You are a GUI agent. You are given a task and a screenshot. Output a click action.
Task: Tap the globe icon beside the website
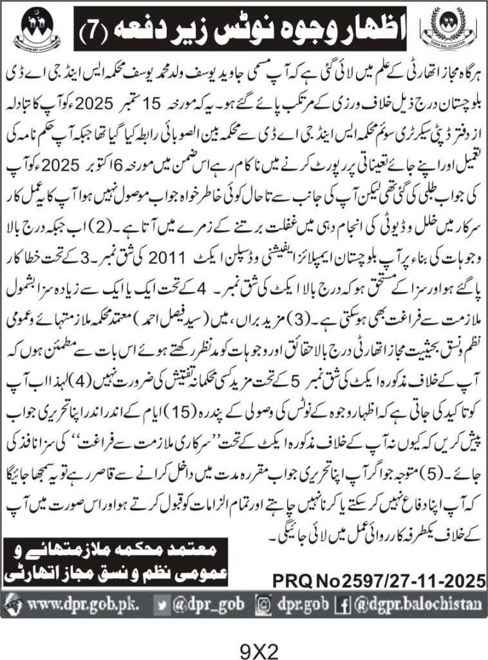[14, 606]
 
